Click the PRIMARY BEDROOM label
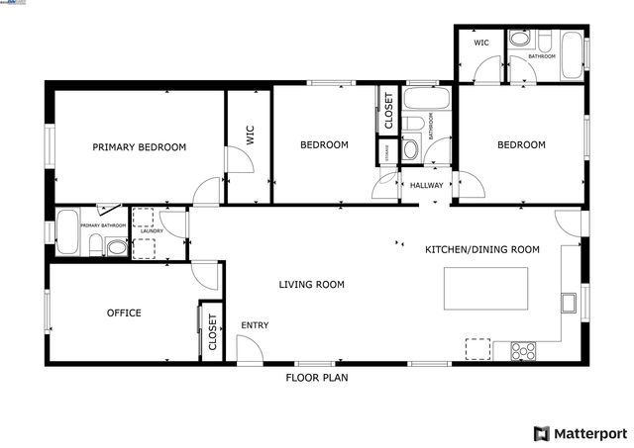[139, 147]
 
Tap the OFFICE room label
[124, 314]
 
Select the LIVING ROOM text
[311, 285]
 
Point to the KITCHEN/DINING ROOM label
[481, 250]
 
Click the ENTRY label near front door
[255, 325]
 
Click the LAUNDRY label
[151, 231]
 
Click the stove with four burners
[522, 349]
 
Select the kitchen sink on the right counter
[569, 302]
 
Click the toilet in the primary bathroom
[116, 247]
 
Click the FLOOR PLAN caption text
[316, 377]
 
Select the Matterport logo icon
[541, 433]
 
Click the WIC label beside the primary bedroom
[251, 135]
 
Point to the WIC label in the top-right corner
[481, 43]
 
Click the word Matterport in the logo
[589, 433]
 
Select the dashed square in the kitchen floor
[478, 348]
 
